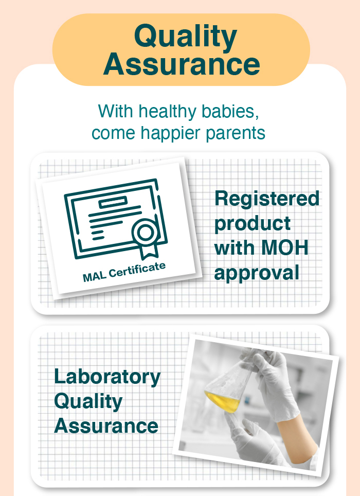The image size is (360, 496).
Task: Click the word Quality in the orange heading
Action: pyautogui.click(x=186, y=37)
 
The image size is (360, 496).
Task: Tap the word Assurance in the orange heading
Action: pyautogui.click(x=182, y=64)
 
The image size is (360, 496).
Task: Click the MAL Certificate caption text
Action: pyautogui.click(x=124, y=272)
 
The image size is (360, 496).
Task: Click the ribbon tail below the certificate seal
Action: pyautogui.click(x=150, y=251)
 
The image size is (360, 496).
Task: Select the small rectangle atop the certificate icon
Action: pyautogui.click(x=113, y=202)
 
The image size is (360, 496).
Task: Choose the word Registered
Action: pyautogui.click(x=267, y=199)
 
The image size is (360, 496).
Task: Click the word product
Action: pyautogui.click(x=252, y=224)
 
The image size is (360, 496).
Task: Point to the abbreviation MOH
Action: pyautogui.click(x=285, y=247)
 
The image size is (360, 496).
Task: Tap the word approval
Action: pyautogui.click(x=256, y=273)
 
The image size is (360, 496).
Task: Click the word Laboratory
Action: pyautogui.click(x=107, y=378)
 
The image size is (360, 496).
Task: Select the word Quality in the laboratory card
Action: pyautogui.click(x=88, y=402)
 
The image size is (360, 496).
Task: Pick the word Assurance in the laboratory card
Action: pyautogui.click(x=106, y=426)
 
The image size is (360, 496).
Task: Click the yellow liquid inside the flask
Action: pyautogui.click(x=223, y=401)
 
